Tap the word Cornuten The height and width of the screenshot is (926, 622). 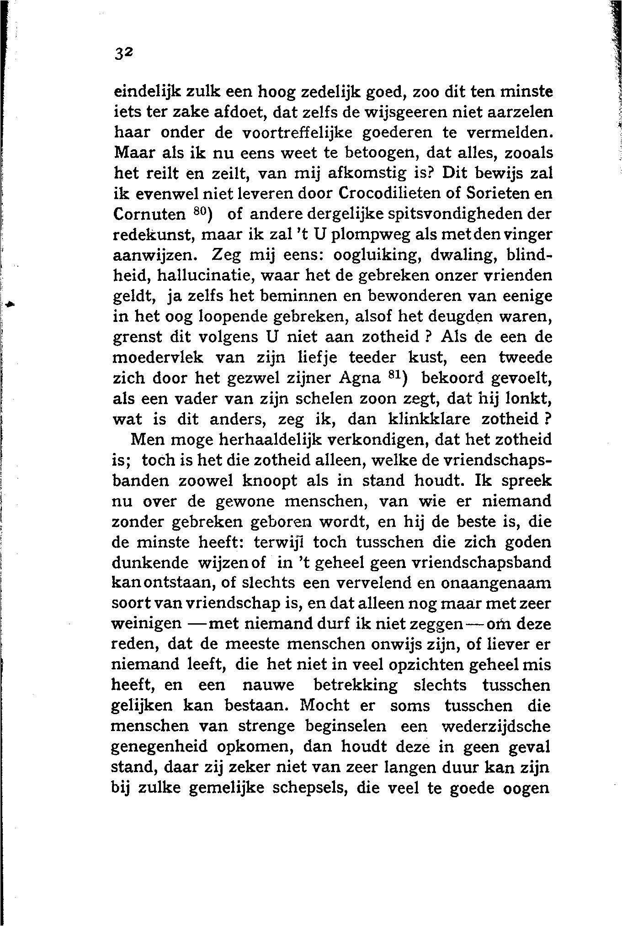pyautogui.click(x=149, y=214)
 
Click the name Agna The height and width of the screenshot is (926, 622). pyautogui.click(x=360, y=379)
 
